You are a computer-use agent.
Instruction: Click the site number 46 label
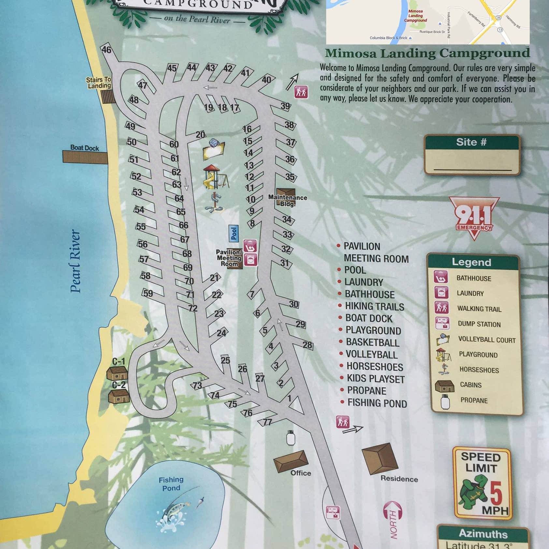pos(107,50)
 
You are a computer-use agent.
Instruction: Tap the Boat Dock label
pos(85,148)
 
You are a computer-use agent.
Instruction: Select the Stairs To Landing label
pos(99,83)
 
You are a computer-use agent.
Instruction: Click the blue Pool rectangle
pos(234,233)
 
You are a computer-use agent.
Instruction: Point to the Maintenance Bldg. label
pos(287,200)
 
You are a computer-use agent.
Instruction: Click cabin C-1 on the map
pos(117,373)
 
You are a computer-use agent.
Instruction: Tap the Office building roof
pos(291,461)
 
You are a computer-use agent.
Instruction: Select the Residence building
pos(380,458)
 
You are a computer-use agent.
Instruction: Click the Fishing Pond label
pos(171,484)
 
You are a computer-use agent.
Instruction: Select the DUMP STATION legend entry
pos(479,324)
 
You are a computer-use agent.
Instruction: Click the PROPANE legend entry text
pos(474,400)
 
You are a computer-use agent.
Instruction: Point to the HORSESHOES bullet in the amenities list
pos(375,367)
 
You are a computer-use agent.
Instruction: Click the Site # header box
pos(471,142)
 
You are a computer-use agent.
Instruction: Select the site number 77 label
pos(267,422)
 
